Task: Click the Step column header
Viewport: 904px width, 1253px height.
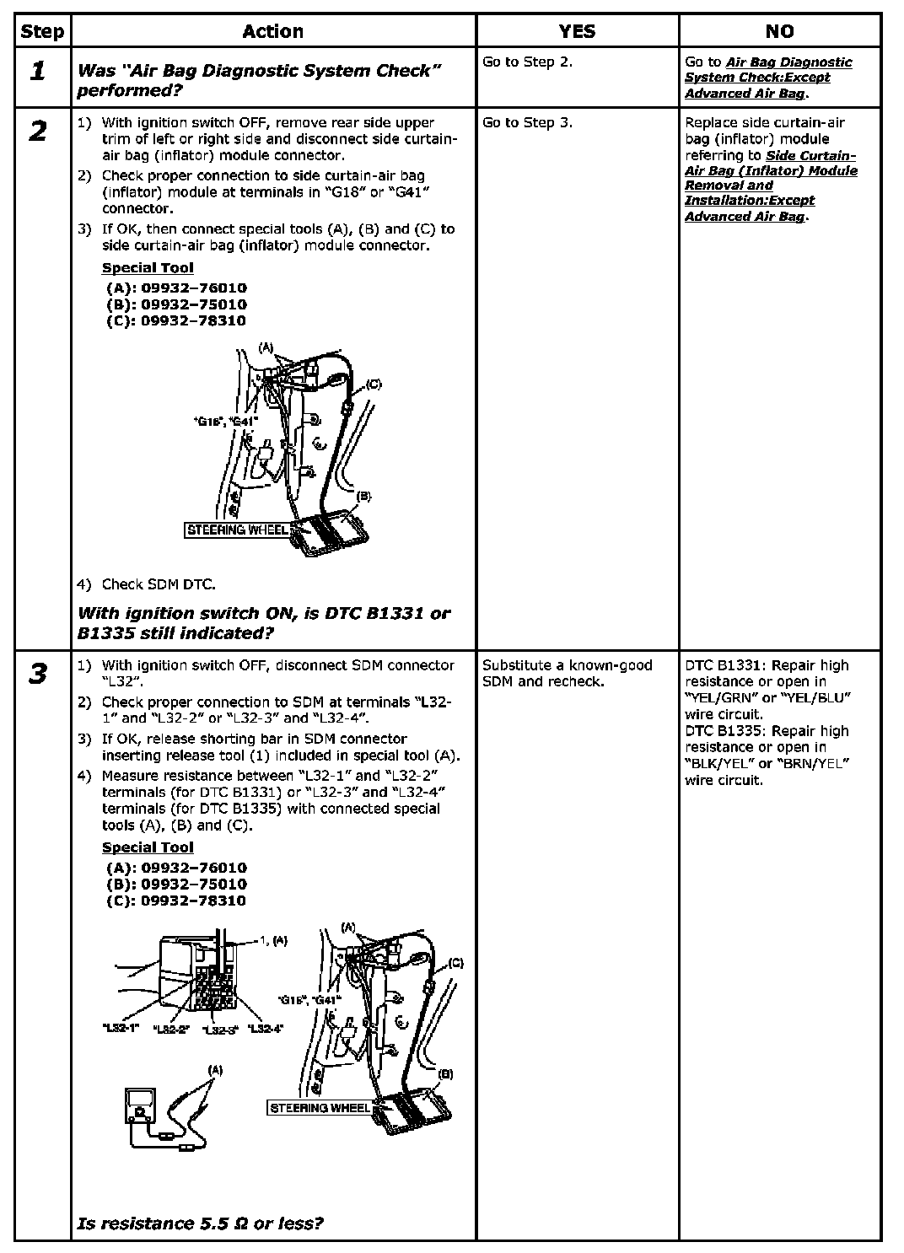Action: pyautogui.click(x=42, y=32)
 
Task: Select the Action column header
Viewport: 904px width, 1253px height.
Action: pyautogui.click(x=272, y=32)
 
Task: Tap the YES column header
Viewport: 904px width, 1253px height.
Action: pyautogui.click(x=577, y=32)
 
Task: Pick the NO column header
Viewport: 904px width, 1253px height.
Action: pyautogui.click(x=779, y=32)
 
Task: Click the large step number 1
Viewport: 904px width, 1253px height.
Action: pyautogui.click(x=37, y=72)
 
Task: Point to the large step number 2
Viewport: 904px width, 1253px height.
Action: pyautogui.click(x=37, y=132)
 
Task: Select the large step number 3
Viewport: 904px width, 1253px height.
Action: pyautogui.click(x=37, y=675)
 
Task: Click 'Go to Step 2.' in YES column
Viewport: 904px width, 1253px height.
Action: pyautogui.click(x=527, y=62)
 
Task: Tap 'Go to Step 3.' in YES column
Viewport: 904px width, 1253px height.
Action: pyautogui.click(x=527, y=123)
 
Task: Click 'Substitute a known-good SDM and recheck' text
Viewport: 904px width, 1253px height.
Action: pyautogui.click(x=567, y=673)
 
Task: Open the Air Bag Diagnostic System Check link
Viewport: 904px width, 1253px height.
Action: pyautogui.click(x=767, y=78)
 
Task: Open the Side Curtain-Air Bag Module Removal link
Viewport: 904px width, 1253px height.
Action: pyautogui.click(x=771, y=186)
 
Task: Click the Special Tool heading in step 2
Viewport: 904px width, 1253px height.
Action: pyautogui.click(x=148, y=268)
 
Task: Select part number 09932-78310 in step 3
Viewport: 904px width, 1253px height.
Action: pyautogui.click(x=176, y=901)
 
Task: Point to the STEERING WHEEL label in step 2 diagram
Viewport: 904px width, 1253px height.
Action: pyautogui.click(x=237, y=530)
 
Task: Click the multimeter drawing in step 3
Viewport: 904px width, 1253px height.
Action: pyautogui.click(x=138, y=1106)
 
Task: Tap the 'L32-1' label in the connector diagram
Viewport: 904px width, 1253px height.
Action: pyautogui.click(x=120, y=1029)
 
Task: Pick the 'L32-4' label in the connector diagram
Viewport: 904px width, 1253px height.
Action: pyautogui.click(x=266, y=1029)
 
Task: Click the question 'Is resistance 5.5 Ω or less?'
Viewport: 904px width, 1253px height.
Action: pyautogui.click(x=200, y=1223)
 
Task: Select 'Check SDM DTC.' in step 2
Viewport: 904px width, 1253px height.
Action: pyautogui.click(x=158, y=584)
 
